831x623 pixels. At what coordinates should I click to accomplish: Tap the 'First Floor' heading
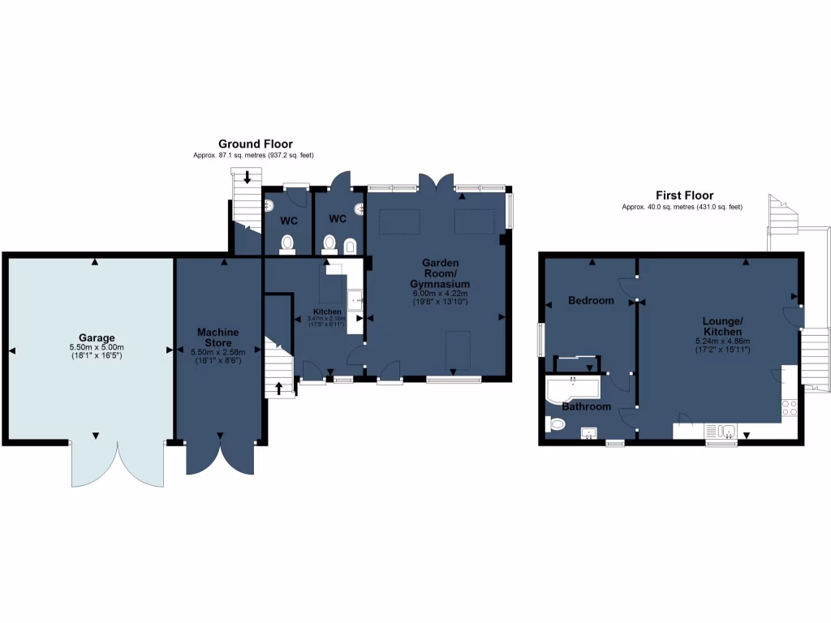click(684, 195)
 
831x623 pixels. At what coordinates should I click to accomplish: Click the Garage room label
click(97, 337)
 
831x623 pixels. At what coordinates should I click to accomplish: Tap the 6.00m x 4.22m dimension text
click(440, 294)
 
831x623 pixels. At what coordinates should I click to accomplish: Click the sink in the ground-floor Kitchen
click(355, 301)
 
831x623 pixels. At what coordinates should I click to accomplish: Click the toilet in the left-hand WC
click(286, 243)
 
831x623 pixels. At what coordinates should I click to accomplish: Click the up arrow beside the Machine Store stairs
click(279, 388)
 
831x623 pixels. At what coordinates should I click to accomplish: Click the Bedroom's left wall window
click(540, 339)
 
